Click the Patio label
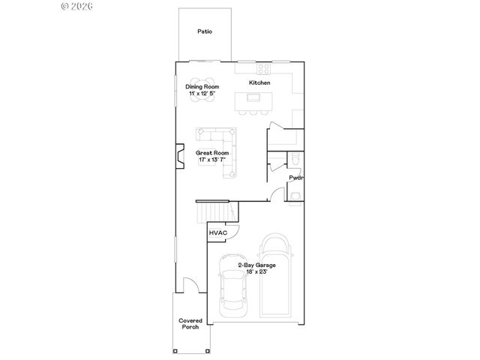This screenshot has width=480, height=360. (x=204, y=31)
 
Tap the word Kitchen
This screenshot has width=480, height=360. (x=259, y=82)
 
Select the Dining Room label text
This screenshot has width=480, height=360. (x=201, y=86)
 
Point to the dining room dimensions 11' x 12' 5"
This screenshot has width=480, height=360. (x=201, y=94)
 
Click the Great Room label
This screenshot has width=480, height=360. (x=214, y=152)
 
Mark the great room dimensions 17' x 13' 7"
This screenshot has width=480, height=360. (x=214, y=160)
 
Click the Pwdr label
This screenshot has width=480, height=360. (x=296, y=178)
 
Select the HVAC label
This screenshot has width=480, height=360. (x=218, y=233)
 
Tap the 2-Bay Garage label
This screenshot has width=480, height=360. (x=256, y=265)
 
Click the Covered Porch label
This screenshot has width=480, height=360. (x=190, y=324)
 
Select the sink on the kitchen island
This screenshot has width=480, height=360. (x=253, y=97)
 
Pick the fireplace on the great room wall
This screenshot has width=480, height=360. (x=179, y=157)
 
